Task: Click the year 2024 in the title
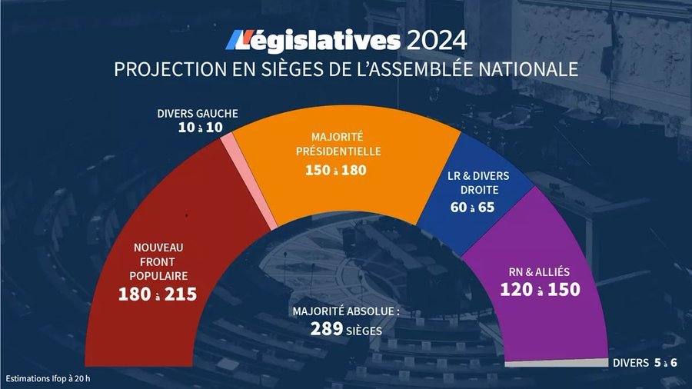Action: click(436, 40)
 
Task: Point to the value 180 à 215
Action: click(158, 294)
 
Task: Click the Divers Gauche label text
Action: click(198, 114)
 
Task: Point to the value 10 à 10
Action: click(198, 128)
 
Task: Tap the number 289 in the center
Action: click(326, 329)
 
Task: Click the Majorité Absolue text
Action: click(346, 312)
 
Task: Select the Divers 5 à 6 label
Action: click(644, 363)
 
